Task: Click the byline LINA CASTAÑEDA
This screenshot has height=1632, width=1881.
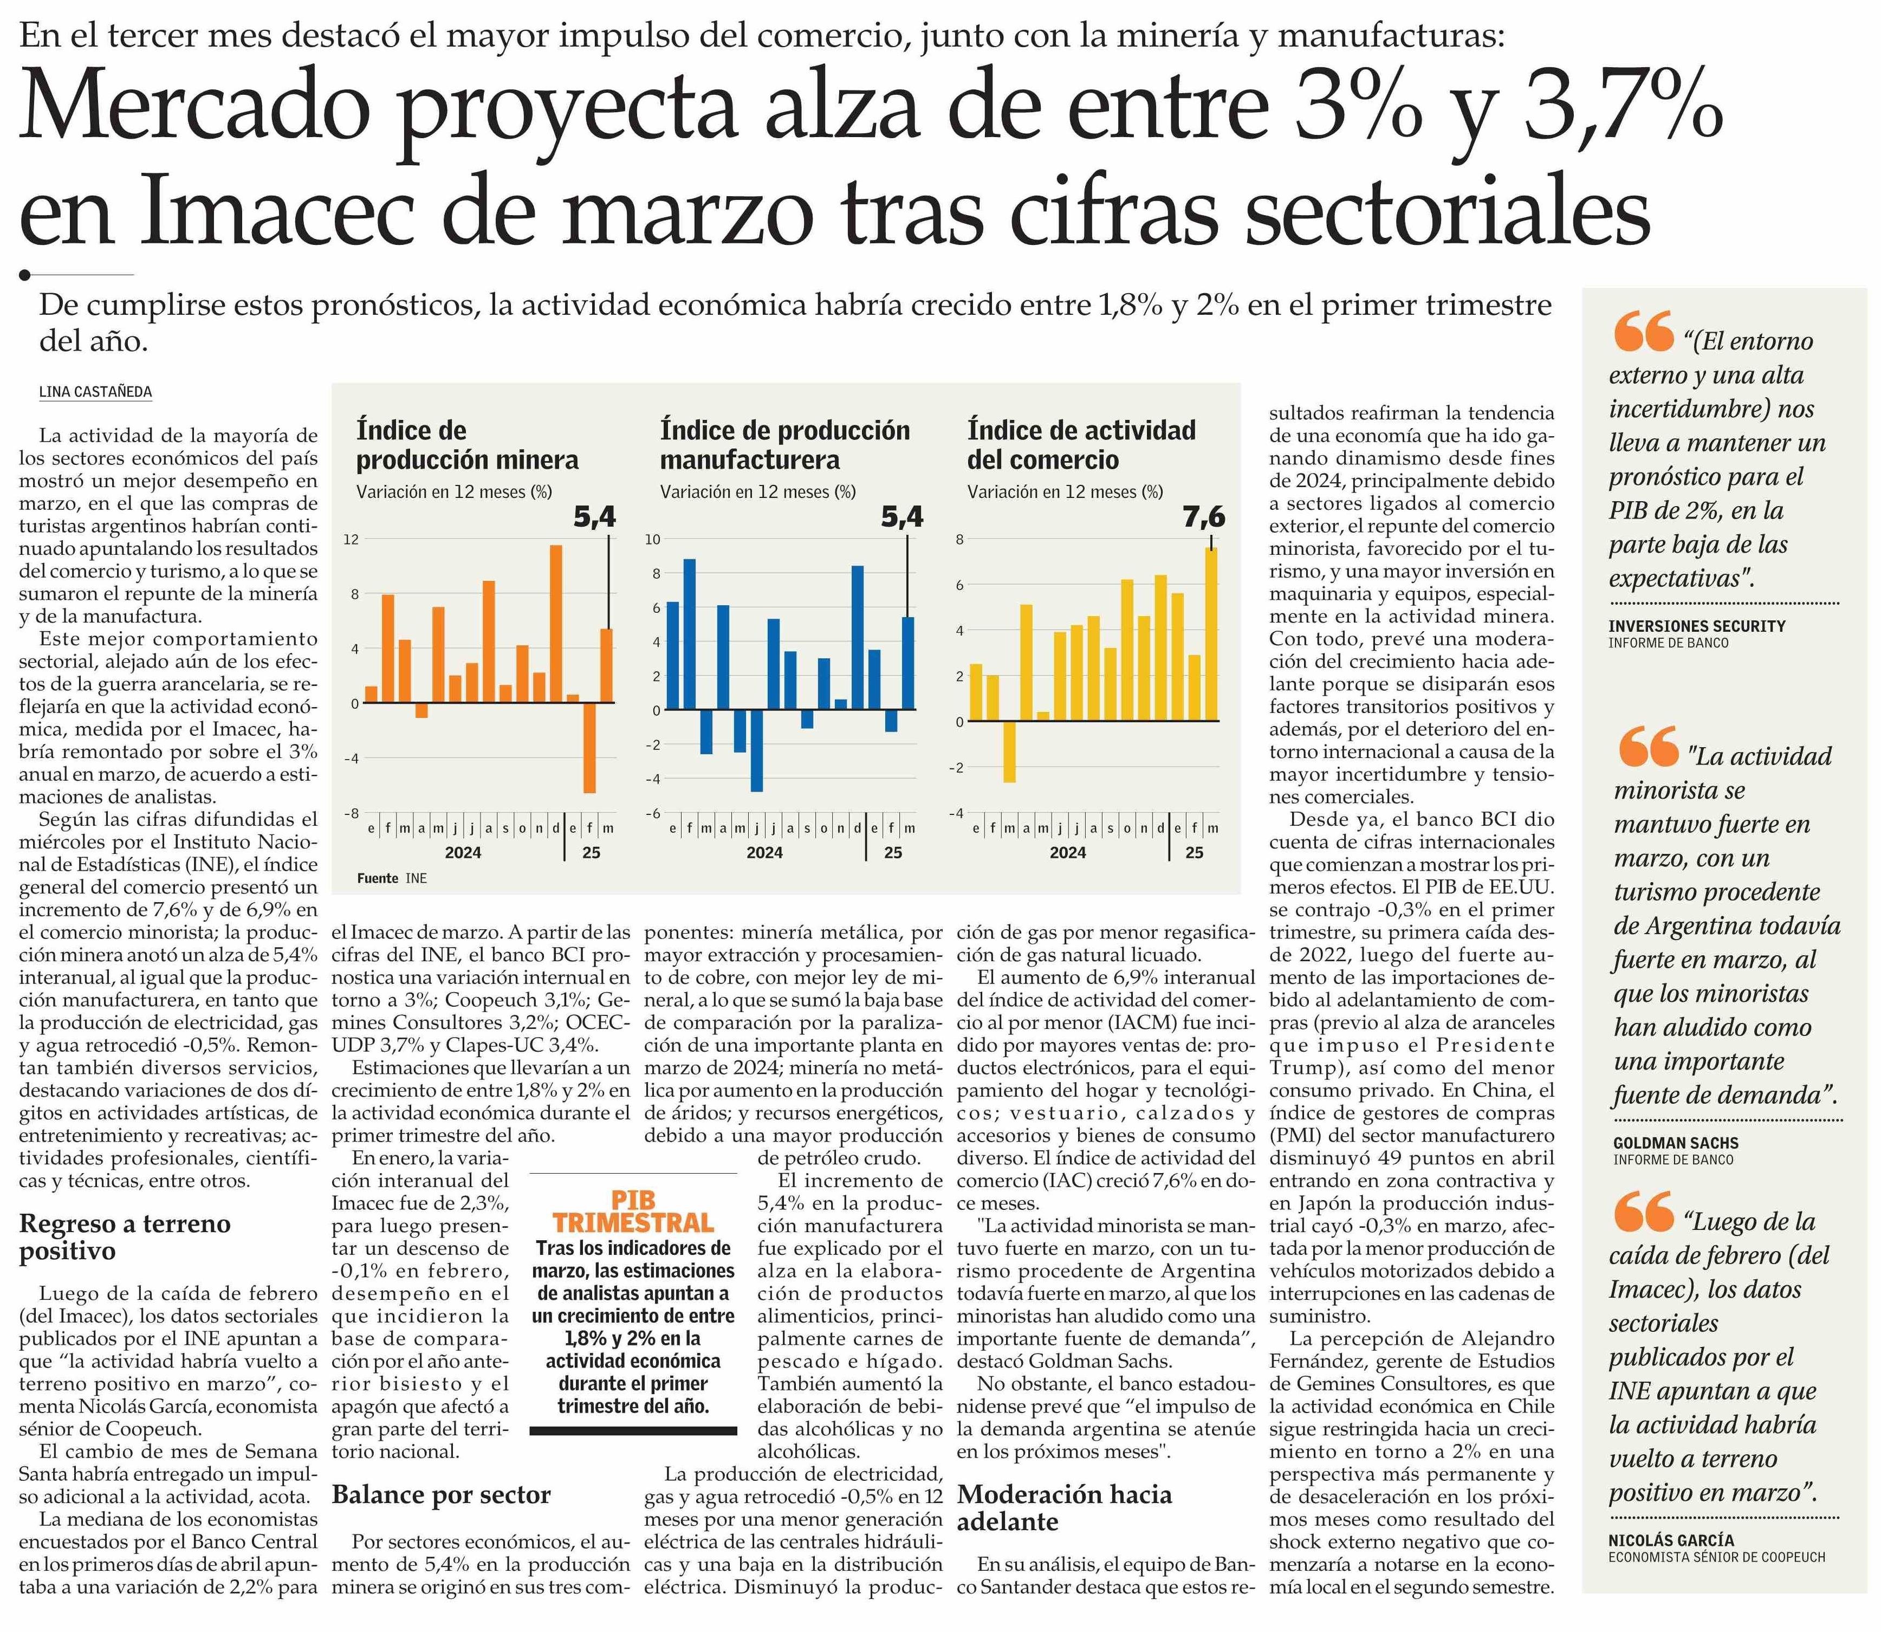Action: (95, 392)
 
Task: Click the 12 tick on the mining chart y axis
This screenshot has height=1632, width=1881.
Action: (351, 539)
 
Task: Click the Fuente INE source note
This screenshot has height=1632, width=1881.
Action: (392, 878)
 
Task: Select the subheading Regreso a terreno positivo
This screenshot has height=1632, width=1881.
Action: (125, 1237)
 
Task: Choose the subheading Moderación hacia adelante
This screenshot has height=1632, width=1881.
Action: (1065, 1507)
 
